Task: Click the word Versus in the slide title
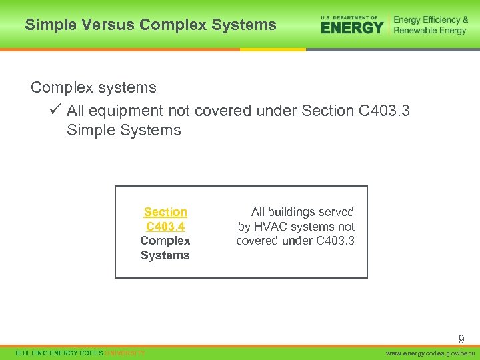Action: click(x=101, y=25)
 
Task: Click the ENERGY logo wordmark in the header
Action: click(x=352, y=27)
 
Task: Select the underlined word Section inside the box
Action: click(x=165, y=212)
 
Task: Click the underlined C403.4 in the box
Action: click(x=165, y=227)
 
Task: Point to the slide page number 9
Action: click(x=461, y=339)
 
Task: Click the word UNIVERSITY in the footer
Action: click(x=125, y=353)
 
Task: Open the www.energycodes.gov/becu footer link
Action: click(x=431, y=353)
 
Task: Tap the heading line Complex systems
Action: click(x=93, y=88)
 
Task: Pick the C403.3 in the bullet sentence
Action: click(x=384, y=111)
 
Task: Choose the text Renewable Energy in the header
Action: click(x=430, y=31)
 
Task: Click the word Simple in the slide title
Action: click(x=48, y=25)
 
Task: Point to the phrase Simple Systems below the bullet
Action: click(x=124, y=130)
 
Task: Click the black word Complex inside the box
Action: click(x=165, y=241)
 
